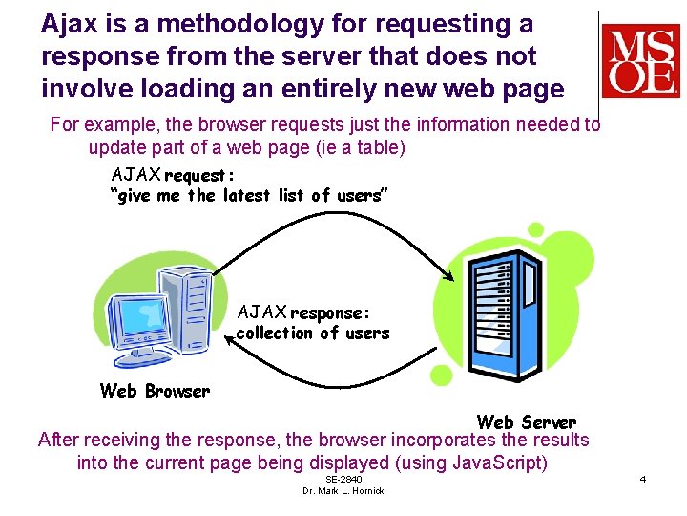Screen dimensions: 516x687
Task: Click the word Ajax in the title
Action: [x=68, y=24]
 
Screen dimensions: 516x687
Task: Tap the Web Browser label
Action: [x=155, y=391]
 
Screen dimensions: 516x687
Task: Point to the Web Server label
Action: [x=526, y=421]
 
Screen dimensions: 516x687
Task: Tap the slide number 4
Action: [x=642, y=478]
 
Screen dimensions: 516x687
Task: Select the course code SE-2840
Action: [x=343, y=479]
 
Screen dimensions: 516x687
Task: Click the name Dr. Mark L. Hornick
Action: [x=343, y=491]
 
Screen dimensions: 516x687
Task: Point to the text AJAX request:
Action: [x=173, y=175]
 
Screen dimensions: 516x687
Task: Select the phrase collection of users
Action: [x=312, y=333]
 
